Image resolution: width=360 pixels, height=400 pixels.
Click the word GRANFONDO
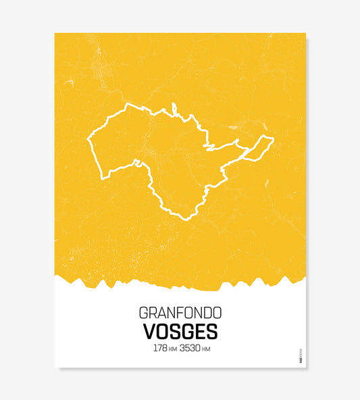coord(180,314)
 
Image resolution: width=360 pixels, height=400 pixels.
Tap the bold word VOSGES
coord(180,332)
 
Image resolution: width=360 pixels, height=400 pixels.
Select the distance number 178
coord(160,349)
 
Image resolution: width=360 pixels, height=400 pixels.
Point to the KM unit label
coord(173,350)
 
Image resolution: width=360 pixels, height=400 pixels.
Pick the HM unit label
coord(207,350)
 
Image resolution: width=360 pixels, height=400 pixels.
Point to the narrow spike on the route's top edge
coord(174,108)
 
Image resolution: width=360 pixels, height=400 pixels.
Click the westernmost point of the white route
coord(88,141)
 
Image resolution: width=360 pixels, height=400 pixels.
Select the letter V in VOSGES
coord(149,332)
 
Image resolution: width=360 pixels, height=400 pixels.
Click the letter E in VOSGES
coord(199,332)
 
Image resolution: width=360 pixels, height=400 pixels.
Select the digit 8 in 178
coord(165,349)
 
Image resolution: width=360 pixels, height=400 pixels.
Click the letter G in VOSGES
coord(187,332)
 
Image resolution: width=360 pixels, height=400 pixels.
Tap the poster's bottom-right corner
coord(305,367)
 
